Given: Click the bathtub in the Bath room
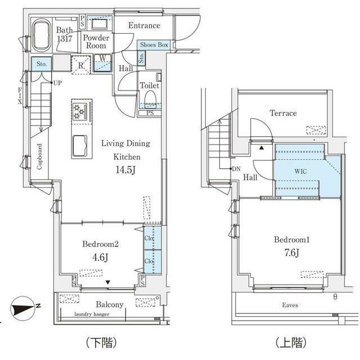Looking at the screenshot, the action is (42, 35).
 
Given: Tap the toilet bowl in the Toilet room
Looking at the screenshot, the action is (150, 99).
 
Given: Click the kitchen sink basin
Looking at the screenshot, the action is (80, 146).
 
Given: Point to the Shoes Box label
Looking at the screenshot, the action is (154, 44).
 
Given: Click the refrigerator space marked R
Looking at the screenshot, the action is (81, 65).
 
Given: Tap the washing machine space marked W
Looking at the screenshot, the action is (102, 62).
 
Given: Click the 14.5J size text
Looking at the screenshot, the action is (125, 170).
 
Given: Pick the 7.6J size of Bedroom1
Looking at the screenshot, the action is (291, 253).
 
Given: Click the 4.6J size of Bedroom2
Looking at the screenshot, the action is (100, 257).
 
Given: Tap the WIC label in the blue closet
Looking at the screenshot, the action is (300, 171).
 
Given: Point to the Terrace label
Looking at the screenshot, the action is (283, 113).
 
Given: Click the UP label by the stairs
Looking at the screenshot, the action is (57, 83).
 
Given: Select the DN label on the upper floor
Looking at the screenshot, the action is (236, 169).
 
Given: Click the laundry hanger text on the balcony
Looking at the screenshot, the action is (92, 314).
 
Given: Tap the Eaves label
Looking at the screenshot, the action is (290, 305).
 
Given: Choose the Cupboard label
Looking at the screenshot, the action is (39, 156).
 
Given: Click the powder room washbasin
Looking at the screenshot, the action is (100, 24).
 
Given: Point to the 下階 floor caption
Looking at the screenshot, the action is (101, 343).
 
